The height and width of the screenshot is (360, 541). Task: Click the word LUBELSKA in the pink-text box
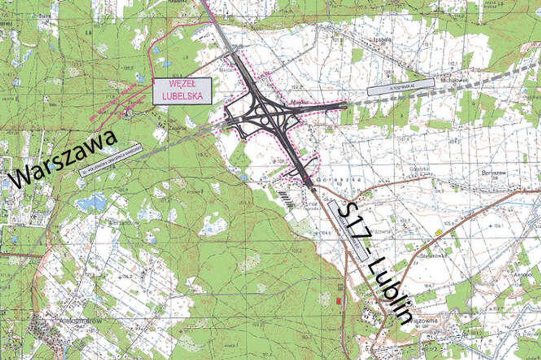coord(182,95)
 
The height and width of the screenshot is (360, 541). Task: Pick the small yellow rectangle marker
coord(439,232)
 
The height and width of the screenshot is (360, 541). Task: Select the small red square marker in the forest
coord(338,301)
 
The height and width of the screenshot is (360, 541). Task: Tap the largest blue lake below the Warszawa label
coord(91,203)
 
